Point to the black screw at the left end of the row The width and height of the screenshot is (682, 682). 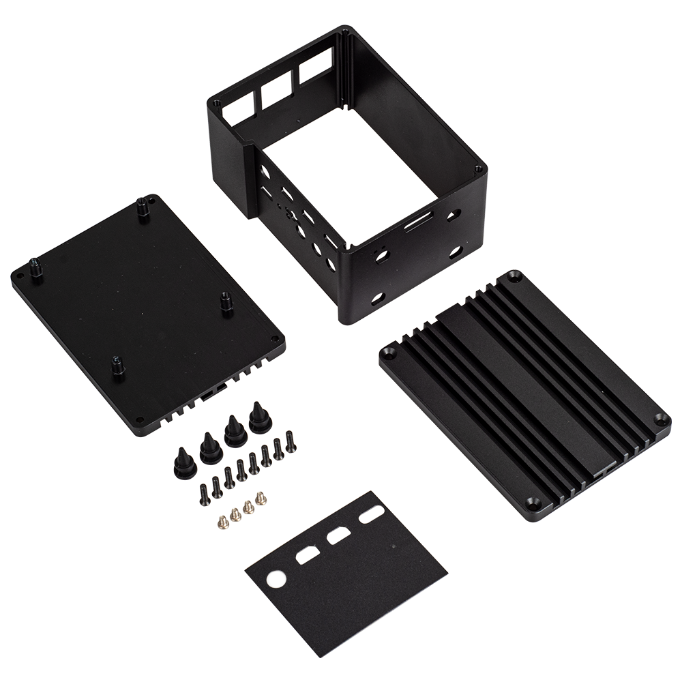[x=205, y=492]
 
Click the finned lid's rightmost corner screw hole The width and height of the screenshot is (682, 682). [x=659, y=419]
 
